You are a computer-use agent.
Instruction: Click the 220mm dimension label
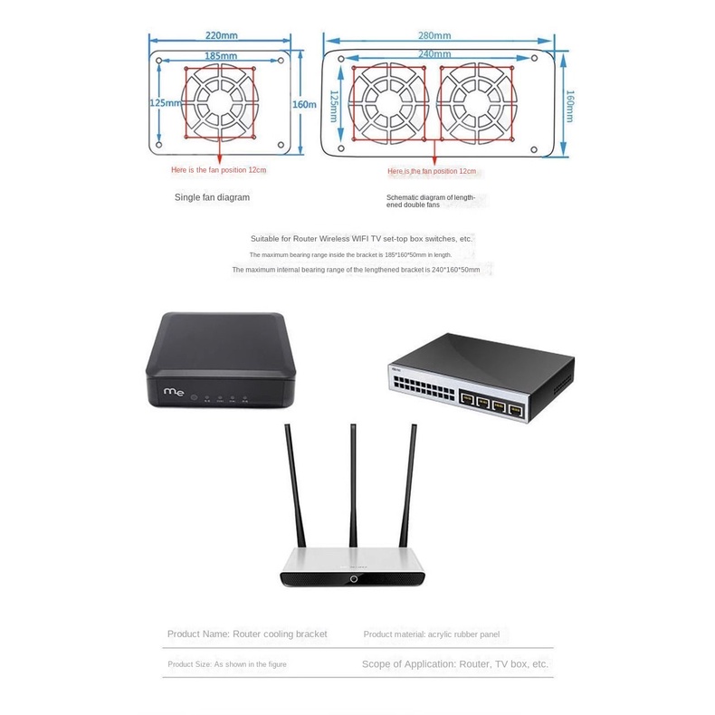tap(221, 36)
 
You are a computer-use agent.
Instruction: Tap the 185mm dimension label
tap(221, 56)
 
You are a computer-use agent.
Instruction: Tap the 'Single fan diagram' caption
tap(212, 196)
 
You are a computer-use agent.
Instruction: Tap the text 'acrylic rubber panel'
tap(462, 634)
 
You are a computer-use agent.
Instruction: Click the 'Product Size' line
tap(227, 664)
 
